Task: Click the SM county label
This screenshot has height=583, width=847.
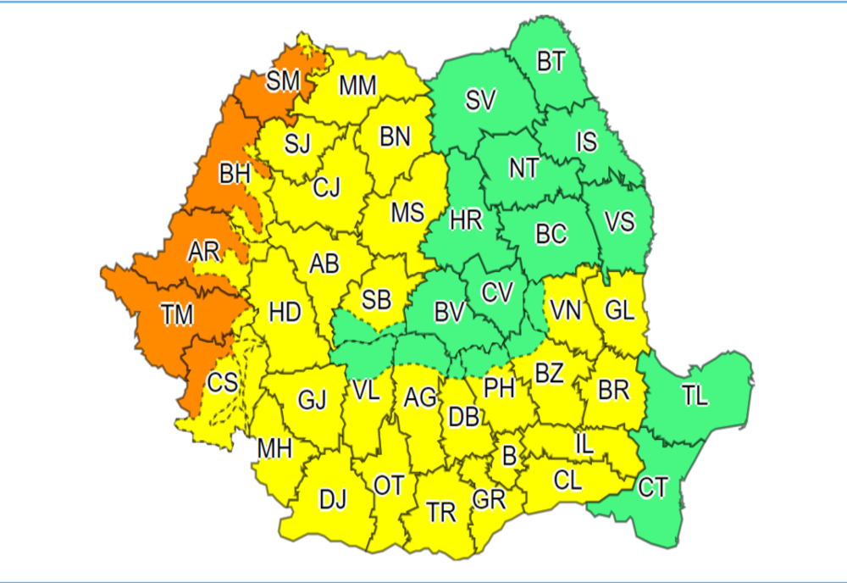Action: click(283, 81)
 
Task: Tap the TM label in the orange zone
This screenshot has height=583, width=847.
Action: click(178, 315)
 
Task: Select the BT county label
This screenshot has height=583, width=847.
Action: click(551, 62)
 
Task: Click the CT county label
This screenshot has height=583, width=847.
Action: click(653, 487)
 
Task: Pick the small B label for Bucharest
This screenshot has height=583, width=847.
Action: click(509, 455)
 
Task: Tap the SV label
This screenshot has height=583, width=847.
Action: click(480, 101)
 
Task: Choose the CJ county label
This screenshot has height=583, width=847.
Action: click(326, 186)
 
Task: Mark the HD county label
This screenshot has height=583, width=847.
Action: click(285, 312)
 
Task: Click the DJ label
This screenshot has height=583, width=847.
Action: click(333, 500)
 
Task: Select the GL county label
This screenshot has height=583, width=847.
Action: click(619, 311)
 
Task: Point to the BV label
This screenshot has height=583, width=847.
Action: click(449, 313)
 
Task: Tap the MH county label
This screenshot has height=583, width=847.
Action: click(275, 447)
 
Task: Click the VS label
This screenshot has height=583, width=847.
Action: click(619, 223)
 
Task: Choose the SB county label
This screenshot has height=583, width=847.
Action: click(376, 298)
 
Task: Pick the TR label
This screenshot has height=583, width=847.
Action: click(441, 511)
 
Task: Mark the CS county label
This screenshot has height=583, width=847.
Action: click(223, 383)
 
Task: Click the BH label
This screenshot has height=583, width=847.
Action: click(235, 175)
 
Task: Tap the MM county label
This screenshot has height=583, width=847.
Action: click(357, 86)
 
